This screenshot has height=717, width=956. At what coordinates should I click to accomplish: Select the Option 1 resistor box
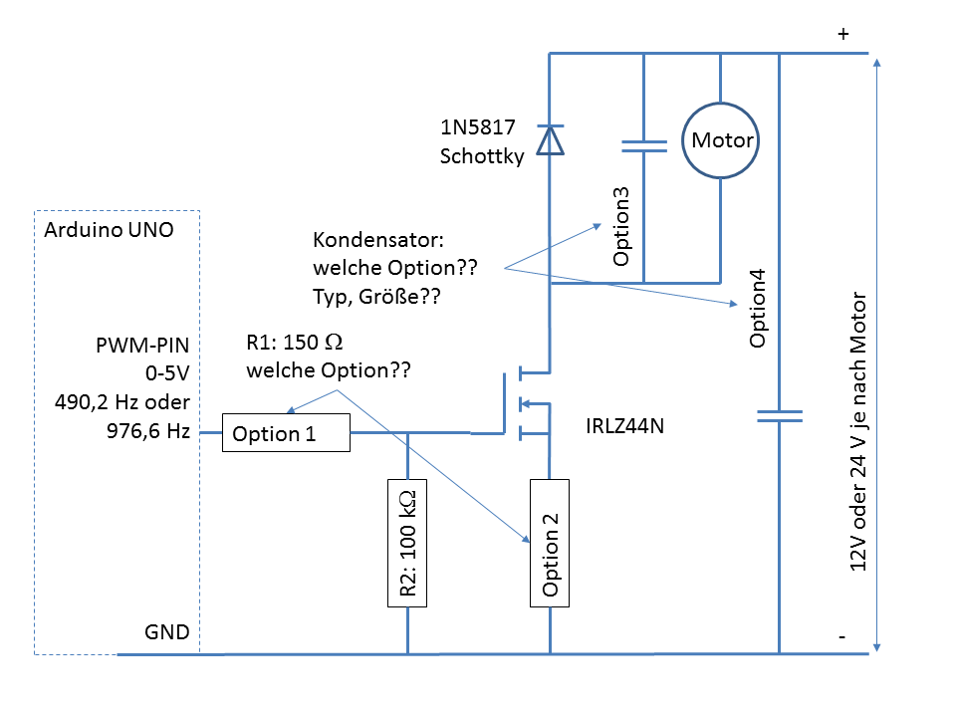(x=286, y=433)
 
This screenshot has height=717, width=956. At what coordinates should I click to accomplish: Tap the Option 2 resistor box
(x=550, y=541)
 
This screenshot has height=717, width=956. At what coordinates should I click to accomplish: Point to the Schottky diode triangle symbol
(x=550, y=140)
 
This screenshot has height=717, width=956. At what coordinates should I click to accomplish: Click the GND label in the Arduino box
(x=166, y=632)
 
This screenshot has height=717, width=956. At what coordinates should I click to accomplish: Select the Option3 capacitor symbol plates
(x=643, y=146)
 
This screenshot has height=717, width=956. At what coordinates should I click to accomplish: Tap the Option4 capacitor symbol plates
(x=779, y=415)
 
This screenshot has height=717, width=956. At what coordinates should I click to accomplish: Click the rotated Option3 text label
(x=622, y=227)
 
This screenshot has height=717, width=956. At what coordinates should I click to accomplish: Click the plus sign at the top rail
(x=842, y=33)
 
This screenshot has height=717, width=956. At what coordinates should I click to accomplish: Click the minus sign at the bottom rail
(x=842, y=634)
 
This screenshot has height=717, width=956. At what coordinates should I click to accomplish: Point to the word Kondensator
(x=369, y=241)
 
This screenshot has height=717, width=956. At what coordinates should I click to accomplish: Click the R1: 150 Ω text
(x=295, y=344)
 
